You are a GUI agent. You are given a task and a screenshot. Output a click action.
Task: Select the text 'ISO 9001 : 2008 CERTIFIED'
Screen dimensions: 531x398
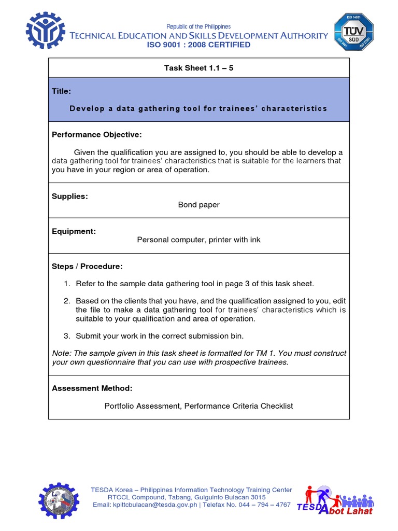coord(199,45)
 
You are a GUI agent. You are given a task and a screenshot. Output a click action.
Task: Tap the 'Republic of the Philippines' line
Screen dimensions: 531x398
coord(198,26)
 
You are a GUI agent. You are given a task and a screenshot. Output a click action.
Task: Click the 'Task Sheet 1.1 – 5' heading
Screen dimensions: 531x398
coord(199,67)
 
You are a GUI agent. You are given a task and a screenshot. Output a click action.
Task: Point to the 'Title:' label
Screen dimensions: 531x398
coord(62,91)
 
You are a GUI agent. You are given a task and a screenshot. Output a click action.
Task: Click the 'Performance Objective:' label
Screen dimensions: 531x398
coord(96,135)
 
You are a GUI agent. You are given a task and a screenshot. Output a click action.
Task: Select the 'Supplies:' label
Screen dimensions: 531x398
coord(70,196)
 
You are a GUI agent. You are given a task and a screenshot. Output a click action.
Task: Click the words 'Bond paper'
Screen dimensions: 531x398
coord(199,205)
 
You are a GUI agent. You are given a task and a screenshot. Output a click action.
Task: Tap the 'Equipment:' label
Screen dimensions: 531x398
coord(74,231)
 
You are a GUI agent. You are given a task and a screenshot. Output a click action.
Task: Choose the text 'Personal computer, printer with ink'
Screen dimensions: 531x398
coord(199,240)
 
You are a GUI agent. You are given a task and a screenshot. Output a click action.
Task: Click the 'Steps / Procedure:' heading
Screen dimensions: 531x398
coord(87,267)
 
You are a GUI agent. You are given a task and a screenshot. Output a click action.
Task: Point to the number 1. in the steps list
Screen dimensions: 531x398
coord(67,284)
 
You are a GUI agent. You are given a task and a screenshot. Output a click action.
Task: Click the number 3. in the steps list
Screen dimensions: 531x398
coord(67,336)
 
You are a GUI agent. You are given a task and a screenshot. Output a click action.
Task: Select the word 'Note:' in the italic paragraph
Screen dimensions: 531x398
coord(62,353)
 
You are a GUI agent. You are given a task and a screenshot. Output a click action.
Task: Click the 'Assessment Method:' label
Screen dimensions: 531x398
coord(92,388)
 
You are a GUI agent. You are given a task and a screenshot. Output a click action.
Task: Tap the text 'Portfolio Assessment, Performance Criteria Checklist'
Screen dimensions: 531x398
coord(199,406)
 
